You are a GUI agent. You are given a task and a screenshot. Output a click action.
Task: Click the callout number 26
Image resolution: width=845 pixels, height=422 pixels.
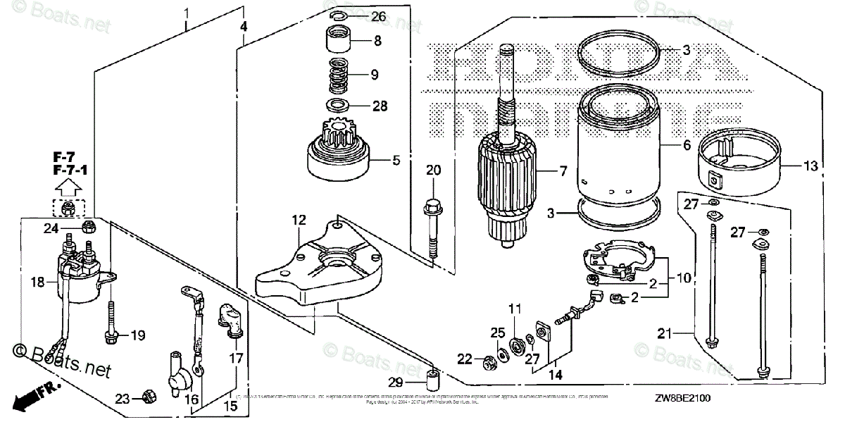coord(378,15)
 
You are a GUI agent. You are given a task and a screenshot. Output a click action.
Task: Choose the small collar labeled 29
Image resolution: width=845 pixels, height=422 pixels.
coord(430,380)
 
